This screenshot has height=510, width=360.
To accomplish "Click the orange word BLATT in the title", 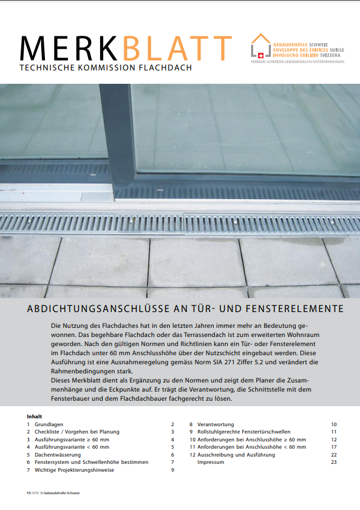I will (177, 48).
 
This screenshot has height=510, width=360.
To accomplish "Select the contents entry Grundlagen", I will (50, 424).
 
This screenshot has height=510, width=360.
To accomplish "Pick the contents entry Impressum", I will (211, 462).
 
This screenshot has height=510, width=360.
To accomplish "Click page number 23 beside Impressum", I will (333, 462).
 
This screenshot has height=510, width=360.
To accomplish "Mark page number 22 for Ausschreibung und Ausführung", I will (333, 454).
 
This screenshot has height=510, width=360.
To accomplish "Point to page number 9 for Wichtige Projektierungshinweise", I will (172, 469).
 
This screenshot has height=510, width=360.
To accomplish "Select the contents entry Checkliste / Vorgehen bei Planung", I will (76, 432).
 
